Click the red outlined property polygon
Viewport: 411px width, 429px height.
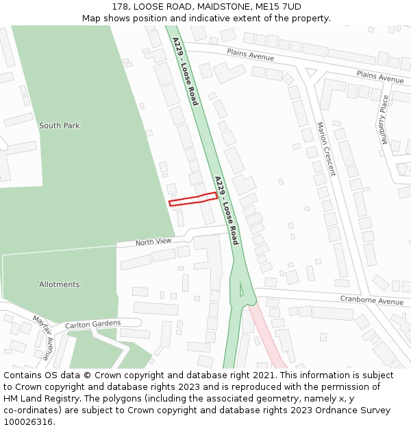[193, 199]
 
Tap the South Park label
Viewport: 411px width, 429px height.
[59, 126]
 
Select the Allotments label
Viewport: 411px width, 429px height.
[59, 284]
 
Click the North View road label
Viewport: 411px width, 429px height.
[153, 242]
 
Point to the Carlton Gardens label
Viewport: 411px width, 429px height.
[92, 324]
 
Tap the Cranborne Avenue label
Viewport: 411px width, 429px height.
[372, 301]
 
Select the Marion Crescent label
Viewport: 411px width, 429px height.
[326, 149]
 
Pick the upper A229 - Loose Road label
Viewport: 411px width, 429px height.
[185, 71]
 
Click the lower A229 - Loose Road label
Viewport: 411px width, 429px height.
[226, 210]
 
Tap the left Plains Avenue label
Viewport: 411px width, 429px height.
[251, 55]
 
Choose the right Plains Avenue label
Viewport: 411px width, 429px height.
[380, 76]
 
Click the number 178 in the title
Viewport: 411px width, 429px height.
[121, 6]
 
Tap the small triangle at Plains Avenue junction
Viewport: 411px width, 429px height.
[311, 72]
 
